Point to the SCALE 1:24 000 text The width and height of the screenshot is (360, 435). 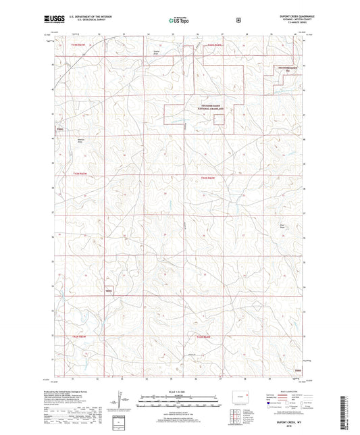[x=177, y=392]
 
